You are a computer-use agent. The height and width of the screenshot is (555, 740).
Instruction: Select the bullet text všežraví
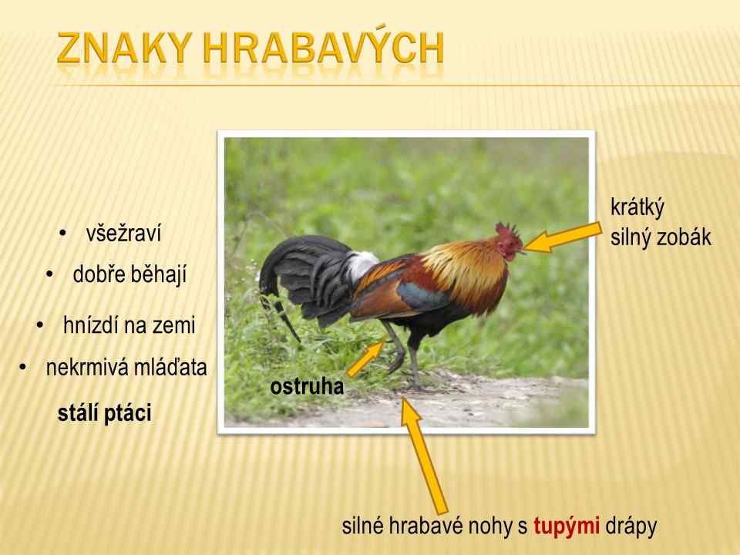pyautogui.click(x=123, y=234)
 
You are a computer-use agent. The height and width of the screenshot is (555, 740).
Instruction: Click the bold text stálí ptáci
pyautogui.click(x=105, y=413)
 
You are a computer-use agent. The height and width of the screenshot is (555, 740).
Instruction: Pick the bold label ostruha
pyautogui.click(x=307, y=386)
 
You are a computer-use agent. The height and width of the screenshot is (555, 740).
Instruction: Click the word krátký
pyautogui.click(x=637, y=208)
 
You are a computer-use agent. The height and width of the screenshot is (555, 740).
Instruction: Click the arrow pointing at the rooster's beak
pyautogui.click(x=563, y=238)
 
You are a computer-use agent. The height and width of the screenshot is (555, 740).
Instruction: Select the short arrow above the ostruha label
pyautogui.click(x=366, y=358)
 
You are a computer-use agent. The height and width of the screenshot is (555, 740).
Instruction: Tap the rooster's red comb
pyautogui.click(x=508, y=230)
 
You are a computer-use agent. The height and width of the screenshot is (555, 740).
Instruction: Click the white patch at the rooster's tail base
pyautogui.click(x=362, y=265)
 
